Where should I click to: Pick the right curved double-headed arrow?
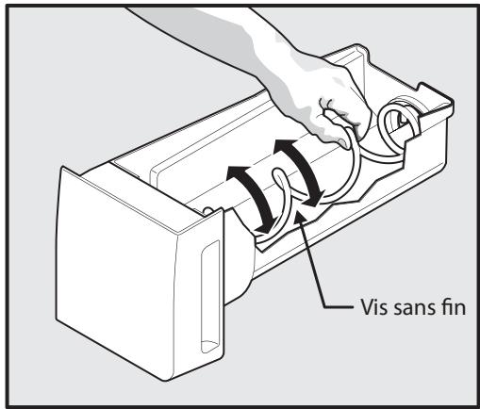301,167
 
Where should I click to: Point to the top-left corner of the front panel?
62,167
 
